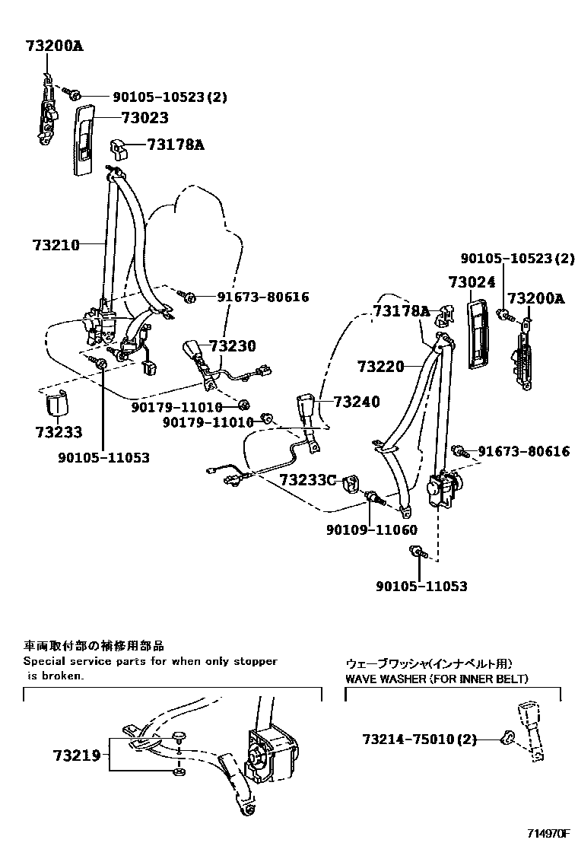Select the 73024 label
(x=472, y=282)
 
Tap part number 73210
(x=56, y=245)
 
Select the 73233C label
(x=307, y=480)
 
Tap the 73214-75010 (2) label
(x=419, y=739)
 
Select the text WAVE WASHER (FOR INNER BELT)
(x=437, y=679)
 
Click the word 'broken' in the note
(x=62, y=675)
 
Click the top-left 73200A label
(x=52, y=46)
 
